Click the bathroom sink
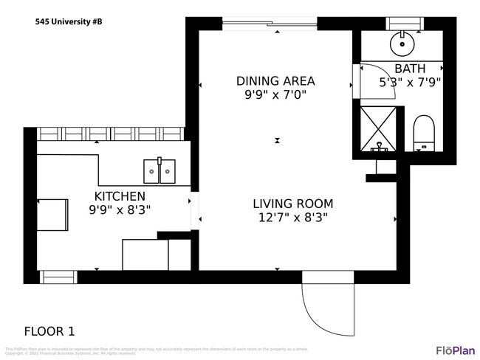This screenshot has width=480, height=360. (x=402, y=44)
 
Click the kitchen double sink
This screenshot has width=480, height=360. (x=159, y=171)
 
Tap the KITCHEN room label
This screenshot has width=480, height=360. (x=120, y=195)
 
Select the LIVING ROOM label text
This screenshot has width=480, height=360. (x=292, y=204)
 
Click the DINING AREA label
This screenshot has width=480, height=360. (x=275, y=80)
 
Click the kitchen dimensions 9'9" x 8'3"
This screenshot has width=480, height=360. (x=120, y=210)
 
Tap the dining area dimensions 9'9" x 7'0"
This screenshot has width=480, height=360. (x=275, y=94)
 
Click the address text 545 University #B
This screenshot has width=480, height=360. (x=69, y=22)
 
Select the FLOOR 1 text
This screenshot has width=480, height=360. (x=49, y=331)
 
